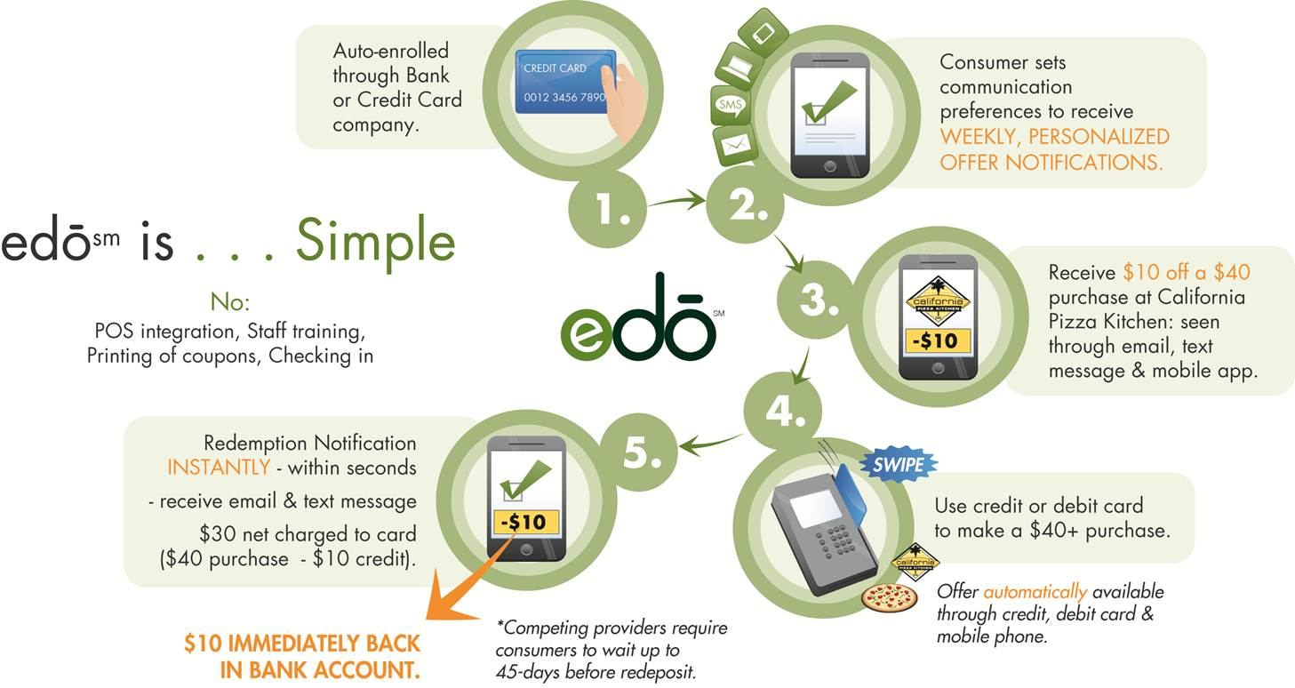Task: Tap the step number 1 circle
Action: click(x=608, y=209)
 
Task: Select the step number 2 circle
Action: click(x=745, y=204)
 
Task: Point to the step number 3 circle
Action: click(x=816, y=300)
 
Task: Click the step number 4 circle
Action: click(x=783, y=411)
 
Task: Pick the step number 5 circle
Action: click(x=639, y=452)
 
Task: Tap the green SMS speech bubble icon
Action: click(x=731, y=105)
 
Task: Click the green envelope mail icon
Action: click(x=735, y=145)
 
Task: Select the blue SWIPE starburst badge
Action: click(x=898, y=464)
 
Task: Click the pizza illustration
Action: click(x=889, y=597)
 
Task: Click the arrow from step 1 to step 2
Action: click(x=676, y=201)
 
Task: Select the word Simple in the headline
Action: click(x=376, y=242)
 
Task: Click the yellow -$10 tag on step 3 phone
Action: click(x=937, y=341)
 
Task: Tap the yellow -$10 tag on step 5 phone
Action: click(x=525, y=522)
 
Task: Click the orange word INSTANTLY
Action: click(x=219, y=467)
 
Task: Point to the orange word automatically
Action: click(x=1035, y=592)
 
